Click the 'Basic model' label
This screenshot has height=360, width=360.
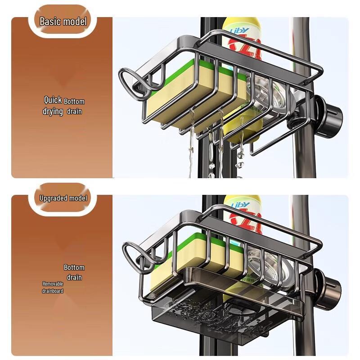coord(63,21)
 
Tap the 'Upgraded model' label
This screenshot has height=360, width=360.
coord(63,198)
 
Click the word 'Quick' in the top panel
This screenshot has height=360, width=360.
coord(53,100)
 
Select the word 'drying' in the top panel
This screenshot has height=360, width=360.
coord(53,111)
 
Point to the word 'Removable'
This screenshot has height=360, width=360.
coord(53,284)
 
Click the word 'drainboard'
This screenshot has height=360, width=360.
coord(53,291)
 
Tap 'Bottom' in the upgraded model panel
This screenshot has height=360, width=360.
coord(74,267)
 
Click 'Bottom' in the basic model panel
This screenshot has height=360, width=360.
coord(74,101)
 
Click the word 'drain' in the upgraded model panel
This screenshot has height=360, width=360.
coord(74,277)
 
